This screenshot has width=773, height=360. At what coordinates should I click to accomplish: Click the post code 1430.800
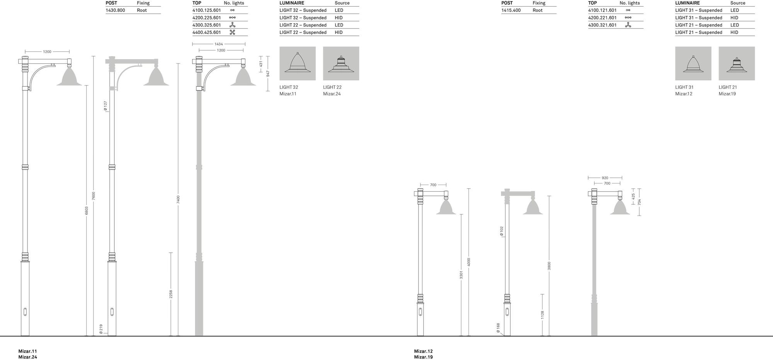[115, 10]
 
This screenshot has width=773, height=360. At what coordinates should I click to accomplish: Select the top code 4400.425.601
[207, 32]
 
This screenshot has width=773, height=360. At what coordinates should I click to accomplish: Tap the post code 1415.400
[511, 10]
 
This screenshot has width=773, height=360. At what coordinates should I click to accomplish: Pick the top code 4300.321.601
[603, 25]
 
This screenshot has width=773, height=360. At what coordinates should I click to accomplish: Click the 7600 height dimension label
[94, 196]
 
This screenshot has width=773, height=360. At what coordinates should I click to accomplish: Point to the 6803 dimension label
[87, 211]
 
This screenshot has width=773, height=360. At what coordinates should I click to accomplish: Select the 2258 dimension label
[171, 294]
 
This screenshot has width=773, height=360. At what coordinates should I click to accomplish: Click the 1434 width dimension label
[219, 44]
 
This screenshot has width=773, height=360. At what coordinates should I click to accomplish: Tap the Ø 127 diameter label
[106, 106]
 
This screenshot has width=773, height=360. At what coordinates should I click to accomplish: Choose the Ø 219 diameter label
[101, 329]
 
